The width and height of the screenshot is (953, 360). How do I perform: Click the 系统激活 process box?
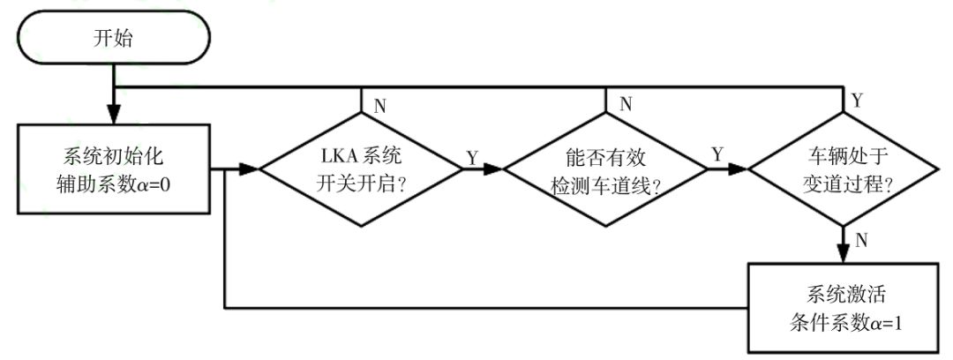(x=842, y=307)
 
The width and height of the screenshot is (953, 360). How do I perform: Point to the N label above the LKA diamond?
(x=379, y=105)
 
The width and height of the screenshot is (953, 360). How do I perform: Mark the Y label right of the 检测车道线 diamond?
(x=717, y=156)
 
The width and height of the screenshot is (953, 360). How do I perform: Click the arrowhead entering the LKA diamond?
(x=252, y=169)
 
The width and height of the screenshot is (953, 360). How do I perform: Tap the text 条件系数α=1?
(x=842, y=322)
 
